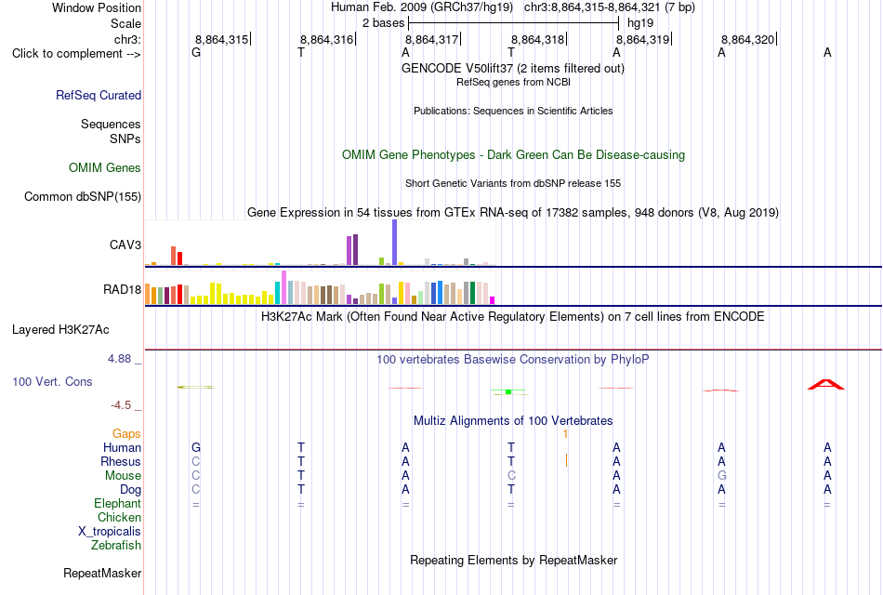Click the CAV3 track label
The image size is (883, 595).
(125, 245)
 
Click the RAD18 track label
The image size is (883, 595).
(122, 290)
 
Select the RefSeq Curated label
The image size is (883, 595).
(99, 95)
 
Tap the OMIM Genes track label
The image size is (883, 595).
(105, 168)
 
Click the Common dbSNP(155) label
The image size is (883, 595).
(83, 197)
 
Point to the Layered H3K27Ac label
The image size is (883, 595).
(60, 330)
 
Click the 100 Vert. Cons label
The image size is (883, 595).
(52, 381)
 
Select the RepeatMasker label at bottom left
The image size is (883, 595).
(102, 573)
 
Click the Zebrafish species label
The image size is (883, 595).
(116, 545)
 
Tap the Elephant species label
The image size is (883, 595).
(118, 503)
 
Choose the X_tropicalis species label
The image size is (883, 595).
(110, 532)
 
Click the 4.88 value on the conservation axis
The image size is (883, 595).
(119, 359)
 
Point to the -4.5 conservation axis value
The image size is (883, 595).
(121, 405)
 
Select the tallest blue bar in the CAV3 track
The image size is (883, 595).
(395, 243)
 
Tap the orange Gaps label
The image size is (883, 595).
(126, 433)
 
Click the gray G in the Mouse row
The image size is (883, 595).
(721, 476)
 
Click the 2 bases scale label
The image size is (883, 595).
(383, 23)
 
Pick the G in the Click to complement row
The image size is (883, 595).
(196, 52)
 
